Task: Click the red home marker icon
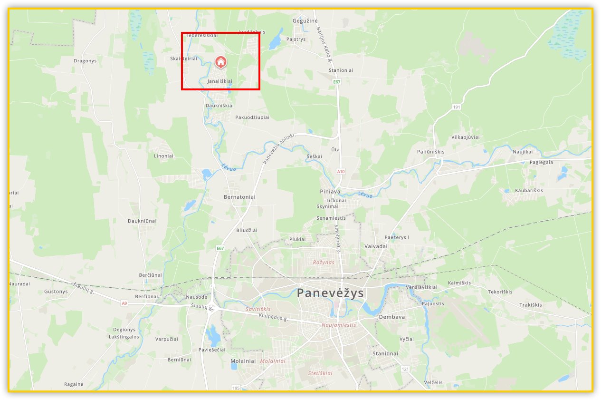(220, 62)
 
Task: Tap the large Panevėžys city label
(330, 293)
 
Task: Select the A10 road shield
(340, 171)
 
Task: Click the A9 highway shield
(124, 303)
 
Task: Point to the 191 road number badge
(457, 107)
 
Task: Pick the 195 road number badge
(236, 388)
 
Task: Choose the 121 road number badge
(405, 369)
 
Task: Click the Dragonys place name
(85, 61)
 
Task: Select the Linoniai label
(163, 156)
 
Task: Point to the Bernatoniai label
(239, 196)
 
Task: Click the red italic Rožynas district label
(324, 262)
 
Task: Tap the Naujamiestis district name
(339, 325)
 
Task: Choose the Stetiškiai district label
(320, 373)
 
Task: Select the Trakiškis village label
(530, 304)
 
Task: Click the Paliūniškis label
(431, 152)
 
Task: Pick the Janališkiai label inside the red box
(220, 81)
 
